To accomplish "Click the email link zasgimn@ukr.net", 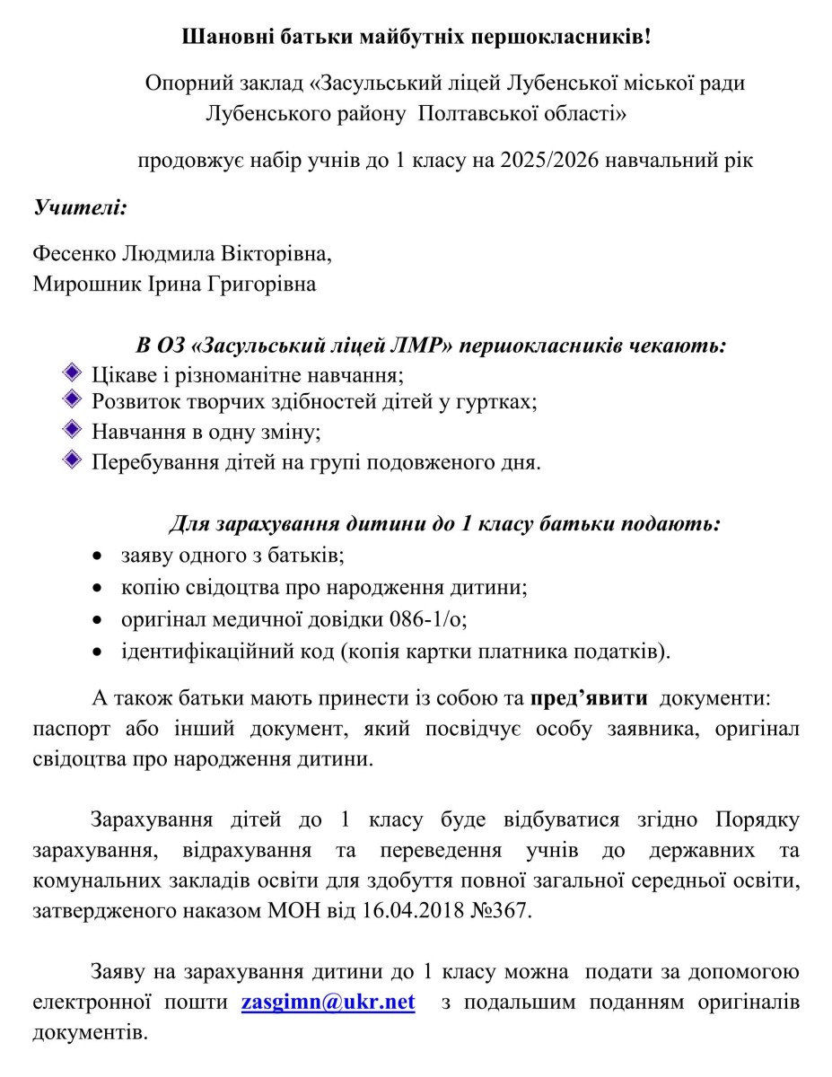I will point(328,1002).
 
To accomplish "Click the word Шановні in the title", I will point(219,38).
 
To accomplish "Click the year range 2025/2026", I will point(549,162).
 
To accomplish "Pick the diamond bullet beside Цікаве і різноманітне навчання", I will point(74,372).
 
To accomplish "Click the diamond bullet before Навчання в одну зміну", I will point(74,431).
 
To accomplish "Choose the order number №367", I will point(505,912).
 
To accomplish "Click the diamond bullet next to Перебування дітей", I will point(74,460).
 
